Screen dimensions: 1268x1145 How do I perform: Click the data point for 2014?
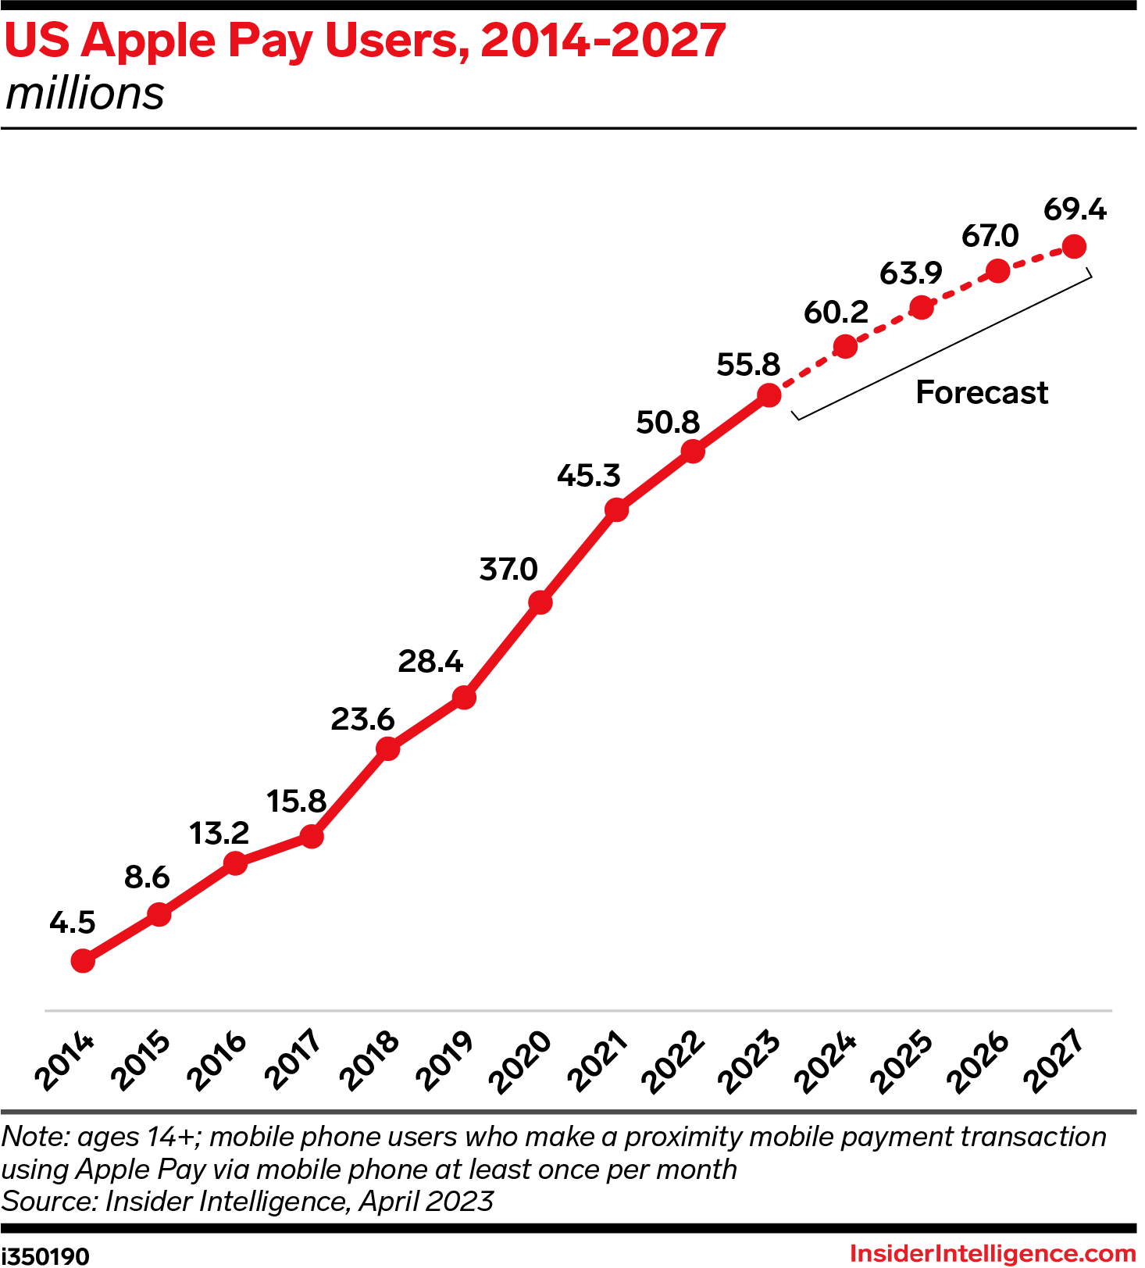(x=83, y=961)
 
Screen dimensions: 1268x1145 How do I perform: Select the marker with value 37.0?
(x=540, y=602)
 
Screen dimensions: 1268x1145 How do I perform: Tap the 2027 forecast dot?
(x=1075, y=247)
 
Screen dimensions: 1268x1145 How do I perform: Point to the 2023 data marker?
(x=769, y=395)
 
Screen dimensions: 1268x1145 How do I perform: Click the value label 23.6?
(x=362, y=719)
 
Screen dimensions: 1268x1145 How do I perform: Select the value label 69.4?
(x=1075, y=209)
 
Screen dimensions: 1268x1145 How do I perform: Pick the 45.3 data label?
(x=588, y=475)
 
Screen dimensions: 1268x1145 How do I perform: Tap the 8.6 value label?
(x=147, y=877)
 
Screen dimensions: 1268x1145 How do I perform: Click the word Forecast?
(x=981, y=392)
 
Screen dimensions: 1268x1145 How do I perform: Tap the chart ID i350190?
(x=45, y=1255)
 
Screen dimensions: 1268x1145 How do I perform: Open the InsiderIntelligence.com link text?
(x=992, y=1253)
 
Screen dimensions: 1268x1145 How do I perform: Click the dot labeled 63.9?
(x=922, y=308)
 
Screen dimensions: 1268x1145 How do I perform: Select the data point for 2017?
(x=312, y=837)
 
